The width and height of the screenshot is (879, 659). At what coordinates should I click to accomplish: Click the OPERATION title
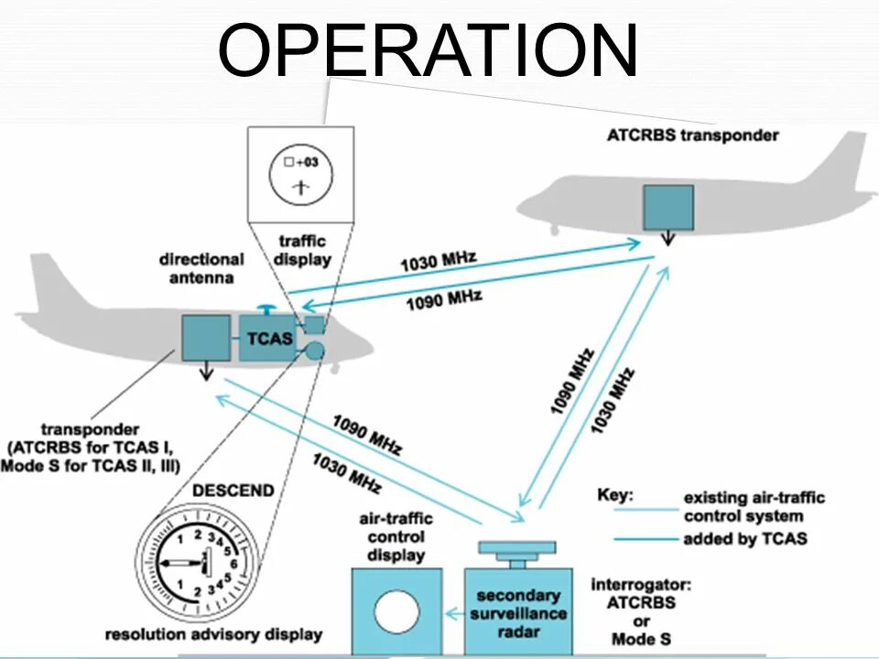(x=429, y=51)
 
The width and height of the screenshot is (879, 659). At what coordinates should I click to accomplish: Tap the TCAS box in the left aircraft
(x=268, y=338)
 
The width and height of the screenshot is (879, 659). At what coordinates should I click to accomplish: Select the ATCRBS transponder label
(x=692, y=135)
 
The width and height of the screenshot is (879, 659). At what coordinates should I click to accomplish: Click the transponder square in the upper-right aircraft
(x=667, y=207)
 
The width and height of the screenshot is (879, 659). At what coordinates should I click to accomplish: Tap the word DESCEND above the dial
(x=233, y=491)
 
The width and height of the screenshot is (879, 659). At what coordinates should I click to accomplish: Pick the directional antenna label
(x=201, y=268)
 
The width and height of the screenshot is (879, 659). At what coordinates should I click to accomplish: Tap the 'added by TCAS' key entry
(x=744, y=538)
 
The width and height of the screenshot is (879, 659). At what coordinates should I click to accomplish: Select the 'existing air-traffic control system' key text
(x=754, y=507)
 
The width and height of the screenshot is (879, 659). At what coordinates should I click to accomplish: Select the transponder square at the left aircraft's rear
(x=205, y=337)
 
